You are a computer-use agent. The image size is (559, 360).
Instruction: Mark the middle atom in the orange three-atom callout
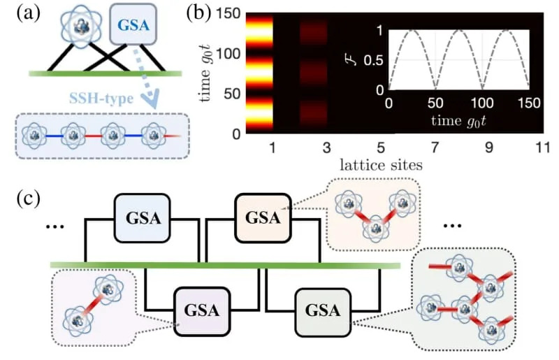point(377,226)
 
